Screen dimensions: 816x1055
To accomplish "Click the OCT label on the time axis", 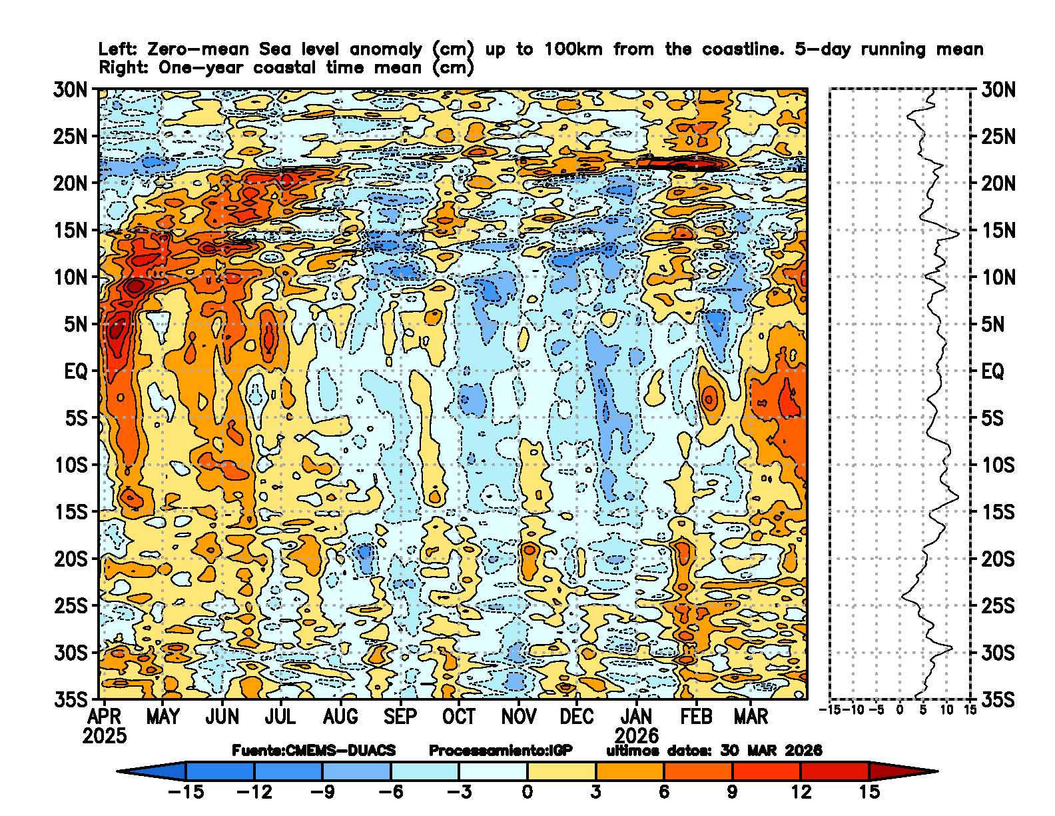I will (459, 717).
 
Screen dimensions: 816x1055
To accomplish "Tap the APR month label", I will (105, 717).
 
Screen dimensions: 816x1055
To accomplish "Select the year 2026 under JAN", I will (636, 736).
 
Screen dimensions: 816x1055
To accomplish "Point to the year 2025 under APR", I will (105, 736).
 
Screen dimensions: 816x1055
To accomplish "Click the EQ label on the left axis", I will (75, 371).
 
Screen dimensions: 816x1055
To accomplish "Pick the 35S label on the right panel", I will (998, 700).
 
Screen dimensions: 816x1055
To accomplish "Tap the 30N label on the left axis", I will (70, 90).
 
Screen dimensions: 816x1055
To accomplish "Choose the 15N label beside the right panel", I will (998, 231).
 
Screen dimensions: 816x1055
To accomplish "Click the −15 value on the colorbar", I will (186, 792).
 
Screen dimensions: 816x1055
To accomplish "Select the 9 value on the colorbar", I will (732, 792).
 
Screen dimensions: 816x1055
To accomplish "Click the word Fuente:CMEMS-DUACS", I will (314, 751).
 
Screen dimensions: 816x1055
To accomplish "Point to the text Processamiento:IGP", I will (500, 751).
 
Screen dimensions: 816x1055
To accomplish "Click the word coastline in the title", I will (741, 49).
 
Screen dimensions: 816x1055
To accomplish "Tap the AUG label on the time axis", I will (340, 717).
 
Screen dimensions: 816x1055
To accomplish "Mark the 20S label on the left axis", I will (70, 559).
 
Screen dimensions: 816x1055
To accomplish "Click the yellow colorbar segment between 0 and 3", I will (561, 771).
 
